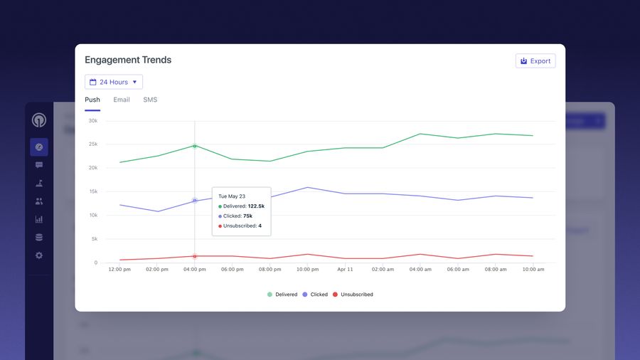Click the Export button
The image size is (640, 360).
[535, 61]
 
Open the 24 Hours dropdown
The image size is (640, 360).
[114, 82]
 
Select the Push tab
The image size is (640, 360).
[92, 100]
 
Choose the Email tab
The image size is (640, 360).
[122, 100]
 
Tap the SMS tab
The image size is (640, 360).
[150, 100]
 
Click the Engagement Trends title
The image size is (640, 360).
[128, 60]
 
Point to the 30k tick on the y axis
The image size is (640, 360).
[92, 121]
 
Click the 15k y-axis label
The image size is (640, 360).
[92, 191]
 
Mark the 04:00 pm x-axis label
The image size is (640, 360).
[195, 270]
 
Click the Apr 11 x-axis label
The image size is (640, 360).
[345, 270]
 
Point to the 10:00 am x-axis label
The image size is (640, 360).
[533, 270]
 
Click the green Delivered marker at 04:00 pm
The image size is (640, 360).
[195, 146]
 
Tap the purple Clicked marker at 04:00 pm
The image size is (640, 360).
[195, 201]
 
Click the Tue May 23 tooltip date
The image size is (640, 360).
[232, 196]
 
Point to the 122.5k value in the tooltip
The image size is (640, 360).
[256, 206]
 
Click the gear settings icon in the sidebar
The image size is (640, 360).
[39, 255]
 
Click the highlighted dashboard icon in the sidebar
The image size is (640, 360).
[39, 147]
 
